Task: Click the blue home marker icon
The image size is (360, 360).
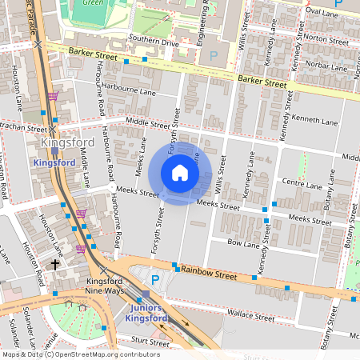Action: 180,173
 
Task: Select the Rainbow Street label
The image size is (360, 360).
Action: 208,274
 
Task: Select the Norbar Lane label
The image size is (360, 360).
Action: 329,66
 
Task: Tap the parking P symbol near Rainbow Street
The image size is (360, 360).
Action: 155,278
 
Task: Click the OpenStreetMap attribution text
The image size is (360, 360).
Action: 81,354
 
